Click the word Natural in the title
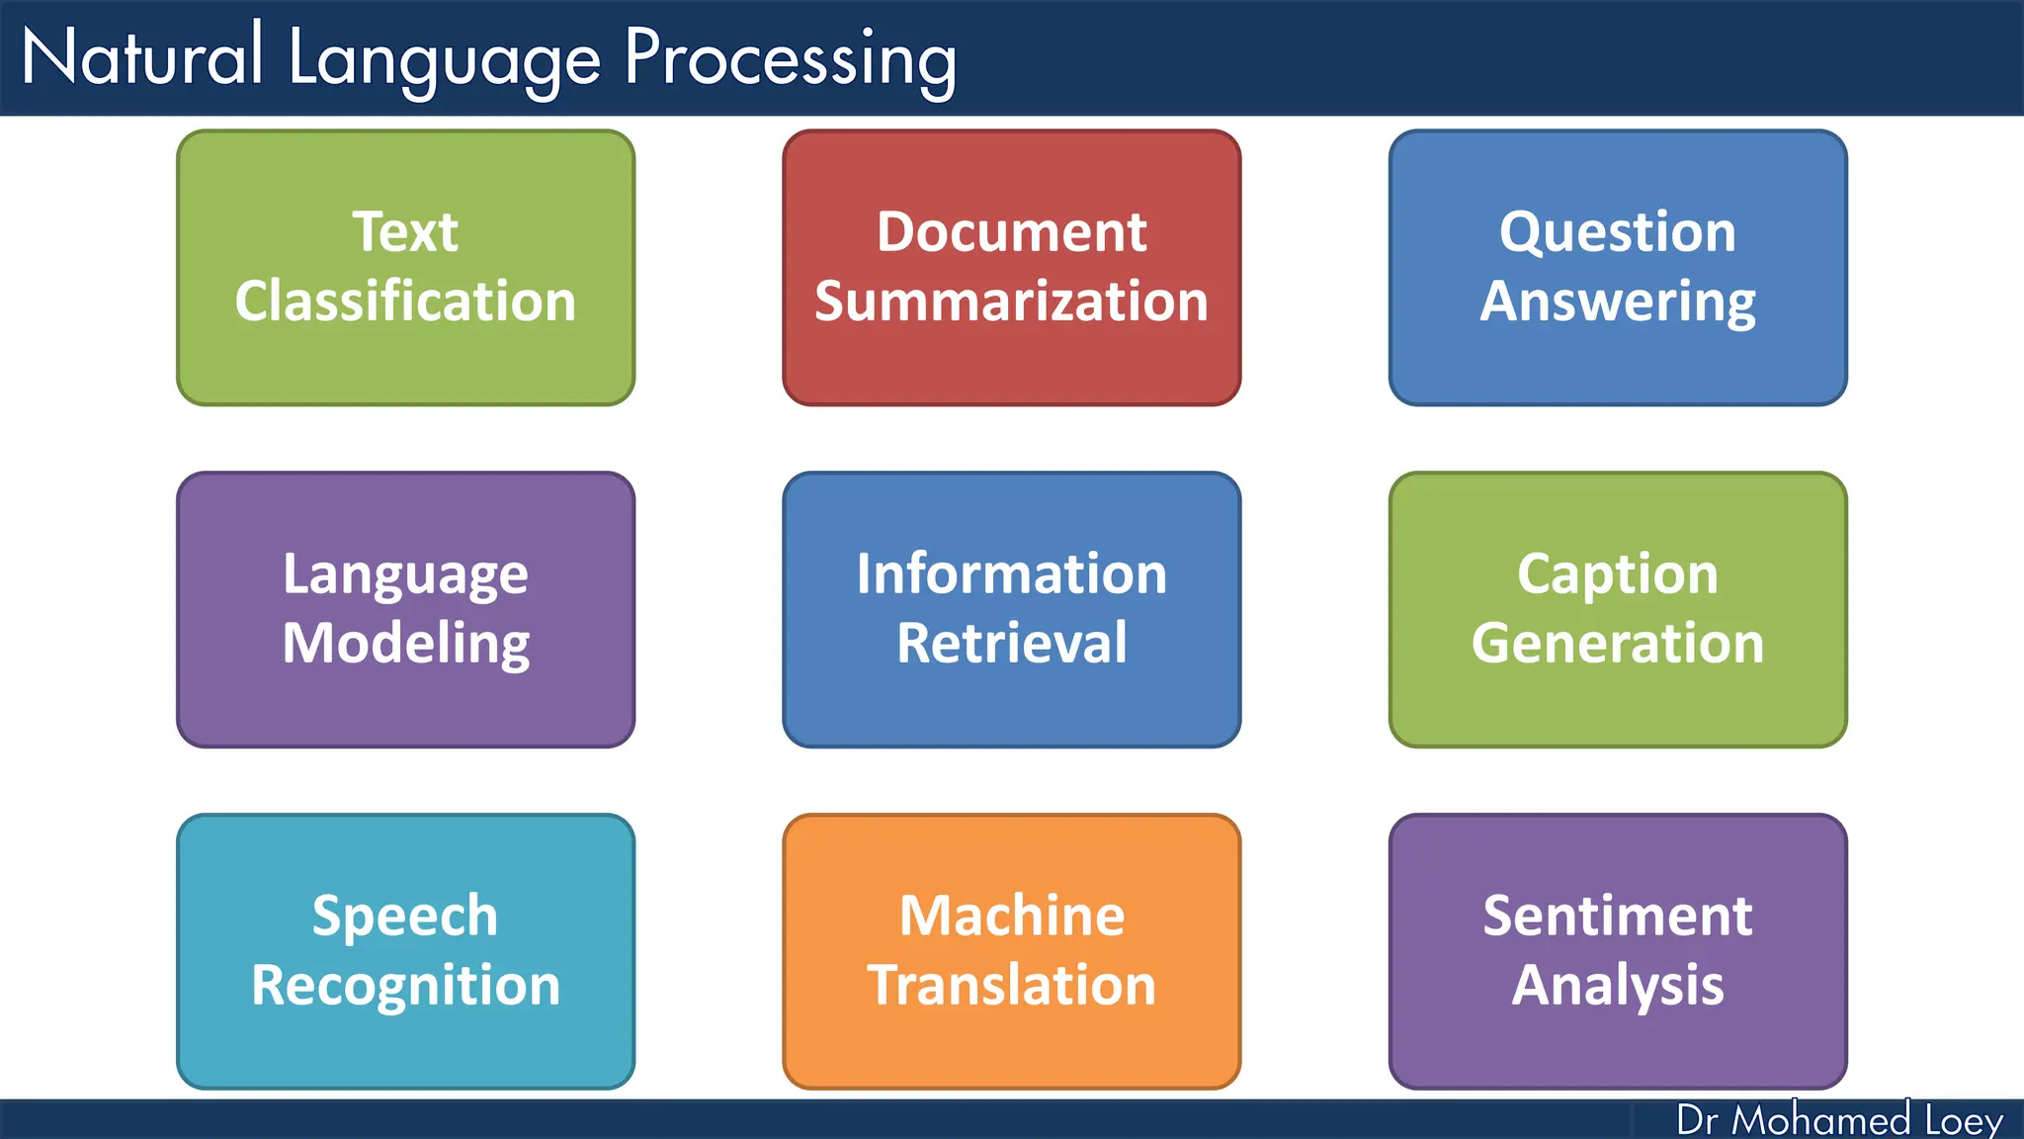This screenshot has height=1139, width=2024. [x=142, y=57]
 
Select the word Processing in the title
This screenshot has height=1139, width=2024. [x=790, y=59]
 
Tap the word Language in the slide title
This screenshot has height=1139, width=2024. [x=444, y=59]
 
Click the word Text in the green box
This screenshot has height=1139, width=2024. [x=405, y=232]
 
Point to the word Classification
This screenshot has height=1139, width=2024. [x=405, y=301]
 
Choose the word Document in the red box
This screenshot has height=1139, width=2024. [x=1011, y=232]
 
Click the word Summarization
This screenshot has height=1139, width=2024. [x=1011, y=301]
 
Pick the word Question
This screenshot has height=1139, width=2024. [x=1617, y=233]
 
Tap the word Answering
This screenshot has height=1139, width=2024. [x=1617, y=302]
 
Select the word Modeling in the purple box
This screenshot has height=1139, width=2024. [x=405, y=644]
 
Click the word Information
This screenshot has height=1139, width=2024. [x=1011, y=573]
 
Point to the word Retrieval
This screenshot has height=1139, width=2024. [x=1011, y=643]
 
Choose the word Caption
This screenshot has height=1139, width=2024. [x=1617, y=575]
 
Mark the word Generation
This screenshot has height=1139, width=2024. [x=1617, y=643]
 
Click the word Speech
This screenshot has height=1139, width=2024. [x=405, y=917]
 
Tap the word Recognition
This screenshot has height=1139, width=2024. [x=405, y=986]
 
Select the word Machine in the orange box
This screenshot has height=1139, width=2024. [x=1011, y=916]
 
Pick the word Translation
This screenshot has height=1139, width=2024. [x=1011, y=985]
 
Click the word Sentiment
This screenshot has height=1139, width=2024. [x=1617, y=916]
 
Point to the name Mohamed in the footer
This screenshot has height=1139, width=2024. [x=1820, y=1120]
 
